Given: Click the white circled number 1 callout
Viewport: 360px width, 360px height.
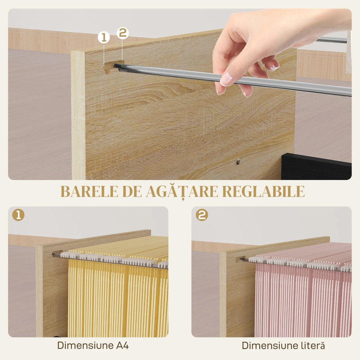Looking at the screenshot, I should (104, 37).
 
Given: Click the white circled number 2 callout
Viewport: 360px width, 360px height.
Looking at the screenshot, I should (122, 33).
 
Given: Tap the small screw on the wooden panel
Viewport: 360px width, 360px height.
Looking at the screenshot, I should (238, 162).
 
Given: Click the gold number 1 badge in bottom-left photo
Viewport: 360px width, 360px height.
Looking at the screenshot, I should (18, 215).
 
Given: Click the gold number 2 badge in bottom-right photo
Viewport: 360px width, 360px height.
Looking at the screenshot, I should (202, 215).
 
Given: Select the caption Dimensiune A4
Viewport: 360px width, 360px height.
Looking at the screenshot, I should (93, 346).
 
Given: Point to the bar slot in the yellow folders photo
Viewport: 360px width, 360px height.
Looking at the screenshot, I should (56, 254).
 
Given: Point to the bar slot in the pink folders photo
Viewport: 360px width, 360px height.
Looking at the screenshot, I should (241, 259).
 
